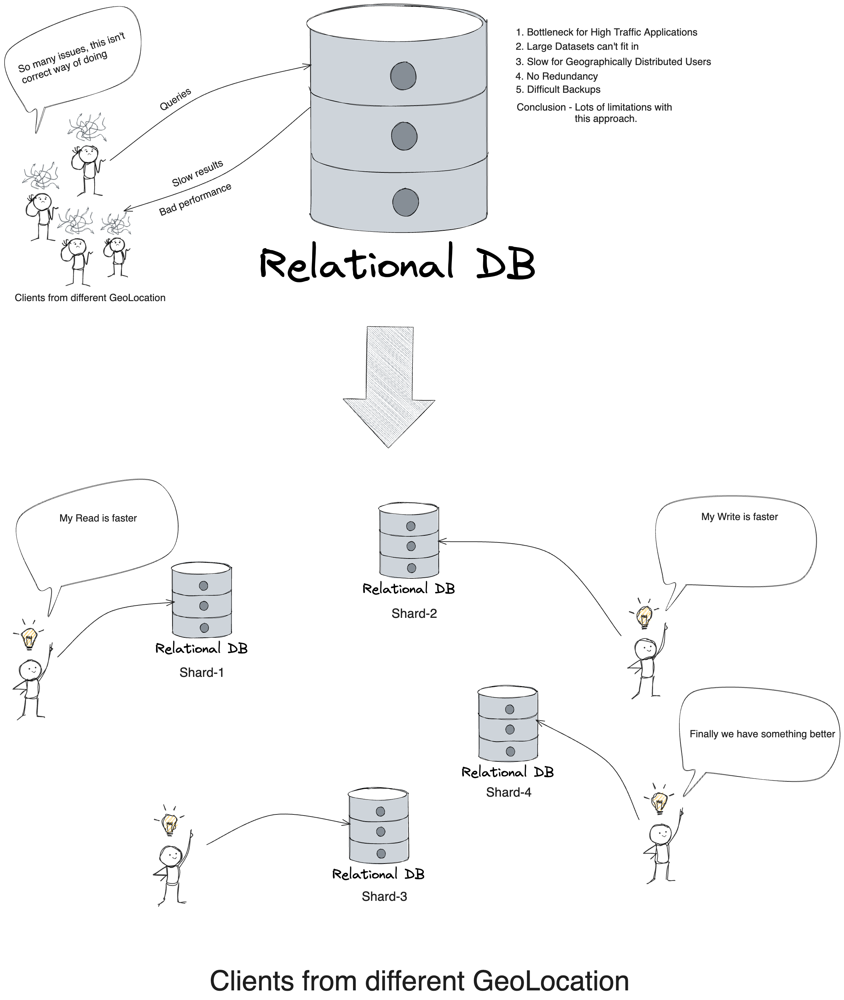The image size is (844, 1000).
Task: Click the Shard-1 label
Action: [x=202, y=672]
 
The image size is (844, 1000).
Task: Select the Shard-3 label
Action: [x=384, y=896]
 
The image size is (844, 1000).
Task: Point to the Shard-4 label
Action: [x=508, y=792]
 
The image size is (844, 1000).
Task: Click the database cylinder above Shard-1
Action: [x=202, y=600]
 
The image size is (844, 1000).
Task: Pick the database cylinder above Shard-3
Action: [x=379, y=826]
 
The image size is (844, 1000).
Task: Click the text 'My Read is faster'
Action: [x=98, y=518]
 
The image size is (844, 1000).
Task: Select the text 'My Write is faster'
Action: [x=739, y=517]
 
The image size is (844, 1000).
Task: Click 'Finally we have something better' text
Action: [x=762, y=734]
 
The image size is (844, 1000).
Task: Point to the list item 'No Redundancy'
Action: [x=562, y=76]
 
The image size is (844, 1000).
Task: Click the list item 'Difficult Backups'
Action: [x=563, y=90]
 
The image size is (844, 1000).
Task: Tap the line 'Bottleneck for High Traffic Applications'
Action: [x=611, y=32]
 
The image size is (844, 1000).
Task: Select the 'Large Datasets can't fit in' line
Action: [x=582, y=47]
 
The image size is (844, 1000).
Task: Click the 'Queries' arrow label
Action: [x=175, y=99]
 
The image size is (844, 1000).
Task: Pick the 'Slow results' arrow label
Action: [x=197, y=173]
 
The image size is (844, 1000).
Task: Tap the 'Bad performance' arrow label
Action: [x=195, y=199]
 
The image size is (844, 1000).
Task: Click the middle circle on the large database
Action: [x=404, y=137]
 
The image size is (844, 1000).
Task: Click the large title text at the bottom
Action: [x=419, y=980]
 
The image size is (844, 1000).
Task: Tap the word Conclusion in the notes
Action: [x=541, y=107]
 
